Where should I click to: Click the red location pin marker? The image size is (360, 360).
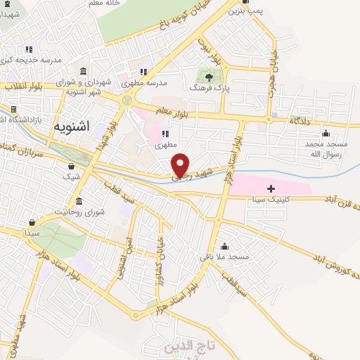tap(181, 165)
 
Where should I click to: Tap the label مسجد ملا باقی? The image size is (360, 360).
tap(224, 257)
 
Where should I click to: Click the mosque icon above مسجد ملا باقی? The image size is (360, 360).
tap(224, 246)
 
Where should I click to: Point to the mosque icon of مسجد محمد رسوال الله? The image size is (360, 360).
tap(325, 133)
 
